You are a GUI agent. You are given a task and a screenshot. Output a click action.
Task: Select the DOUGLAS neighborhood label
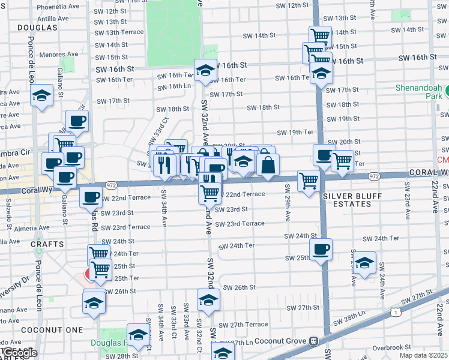click(x=37, y=28)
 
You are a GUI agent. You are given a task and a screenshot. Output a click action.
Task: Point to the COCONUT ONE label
click(x=43, y=330)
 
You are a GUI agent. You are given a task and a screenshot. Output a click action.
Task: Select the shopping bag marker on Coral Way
click(x=268, y=166)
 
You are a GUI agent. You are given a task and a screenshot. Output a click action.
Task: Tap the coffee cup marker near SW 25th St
click(x=321, y=249)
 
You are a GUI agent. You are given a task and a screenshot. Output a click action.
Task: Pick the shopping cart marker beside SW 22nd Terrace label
click(x=209, y=192)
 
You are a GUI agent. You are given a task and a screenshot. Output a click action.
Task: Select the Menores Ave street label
click(x=59, y=54)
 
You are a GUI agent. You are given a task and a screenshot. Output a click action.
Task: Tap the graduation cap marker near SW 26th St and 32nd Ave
click(x=208, y=300)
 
